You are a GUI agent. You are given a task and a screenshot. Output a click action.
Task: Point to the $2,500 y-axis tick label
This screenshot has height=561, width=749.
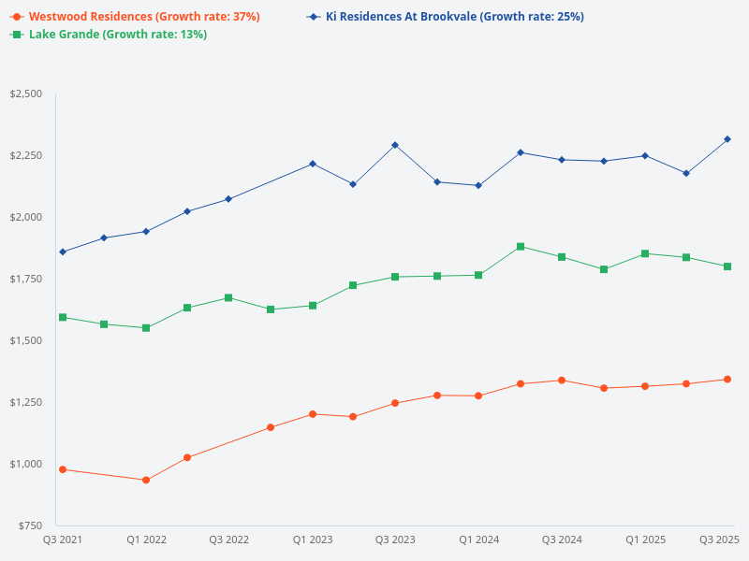tap(25, 93)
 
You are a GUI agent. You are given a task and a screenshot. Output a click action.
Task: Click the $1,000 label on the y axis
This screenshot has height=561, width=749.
tap(25, 464)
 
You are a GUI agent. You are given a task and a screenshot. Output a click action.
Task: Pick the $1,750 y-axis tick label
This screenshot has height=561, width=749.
tap(25, 279)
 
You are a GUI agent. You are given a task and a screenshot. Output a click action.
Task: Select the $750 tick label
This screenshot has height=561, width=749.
tap(29, 525)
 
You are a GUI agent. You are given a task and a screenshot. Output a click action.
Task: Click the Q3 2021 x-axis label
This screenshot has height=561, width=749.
tap(63, 539)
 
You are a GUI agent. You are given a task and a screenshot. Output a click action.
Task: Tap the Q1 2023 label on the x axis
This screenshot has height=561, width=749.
tap(313, 539)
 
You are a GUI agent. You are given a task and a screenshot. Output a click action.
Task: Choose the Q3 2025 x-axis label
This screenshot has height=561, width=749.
tap(720, 539)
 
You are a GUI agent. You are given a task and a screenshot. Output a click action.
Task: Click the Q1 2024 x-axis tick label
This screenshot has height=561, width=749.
tap(478, 539)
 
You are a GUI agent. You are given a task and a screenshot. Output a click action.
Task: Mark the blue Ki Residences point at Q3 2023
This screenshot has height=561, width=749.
tap(395, 145)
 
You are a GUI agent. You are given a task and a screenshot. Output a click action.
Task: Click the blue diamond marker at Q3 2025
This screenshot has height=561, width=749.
tap(727, 139)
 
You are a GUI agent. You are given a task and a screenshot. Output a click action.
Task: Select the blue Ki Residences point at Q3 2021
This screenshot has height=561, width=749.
tap(63, 252)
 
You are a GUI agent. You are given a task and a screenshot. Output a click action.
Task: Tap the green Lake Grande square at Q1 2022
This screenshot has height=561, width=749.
tap(146, 328)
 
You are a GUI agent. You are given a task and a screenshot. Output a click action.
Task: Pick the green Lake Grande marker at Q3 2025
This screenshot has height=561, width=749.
tap(727, 266)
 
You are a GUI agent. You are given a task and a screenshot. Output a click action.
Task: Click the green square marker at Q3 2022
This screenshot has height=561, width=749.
tap(228, 297)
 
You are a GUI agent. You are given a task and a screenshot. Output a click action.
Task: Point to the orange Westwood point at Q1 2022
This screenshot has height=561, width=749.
tap(146, 480)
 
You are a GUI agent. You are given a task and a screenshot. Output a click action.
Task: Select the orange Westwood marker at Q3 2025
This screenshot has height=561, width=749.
tap(727, 380)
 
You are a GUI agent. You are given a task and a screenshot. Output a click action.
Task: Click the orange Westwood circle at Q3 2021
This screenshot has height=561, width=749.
tap(63, 469)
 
